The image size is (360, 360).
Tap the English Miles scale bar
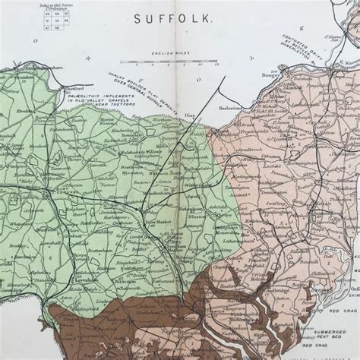[x=168, y=62]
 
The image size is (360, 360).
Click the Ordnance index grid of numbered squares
[x=54, y=19]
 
